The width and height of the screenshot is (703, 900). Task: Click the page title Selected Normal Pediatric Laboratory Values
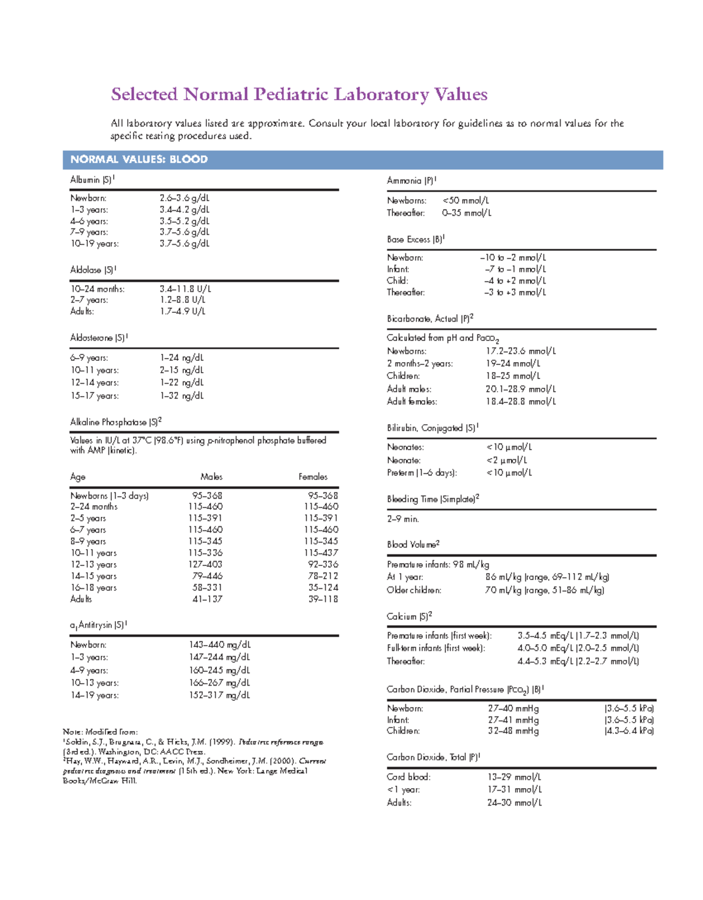[299, 94]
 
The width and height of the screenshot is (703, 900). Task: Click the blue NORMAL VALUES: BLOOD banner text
[139, 159]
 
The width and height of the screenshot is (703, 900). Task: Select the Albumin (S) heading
[93, 180]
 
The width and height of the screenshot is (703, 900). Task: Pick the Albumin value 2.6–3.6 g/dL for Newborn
[184, 198]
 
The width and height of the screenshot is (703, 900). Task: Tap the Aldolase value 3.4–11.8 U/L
[185, 289]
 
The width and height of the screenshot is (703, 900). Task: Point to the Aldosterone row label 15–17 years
[94, 396]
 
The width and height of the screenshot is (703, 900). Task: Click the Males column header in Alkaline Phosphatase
[211, 477]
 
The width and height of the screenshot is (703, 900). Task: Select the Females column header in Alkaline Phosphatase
[313, 477]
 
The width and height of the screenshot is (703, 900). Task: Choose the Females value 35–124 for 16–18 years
[323, 588]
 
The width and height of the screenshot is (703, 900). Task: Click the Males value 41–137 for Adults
[207, 599]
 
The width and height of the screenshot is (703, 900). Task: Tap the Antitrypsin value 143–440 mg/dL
[219, 645]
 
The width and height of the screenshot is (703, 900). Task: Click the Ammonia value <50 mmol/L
[466, 200]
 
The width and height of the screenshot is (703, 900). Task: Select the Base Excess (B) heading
[415, 239]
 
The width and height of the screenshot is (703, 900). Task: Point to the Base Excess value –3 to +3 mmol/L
[515, 292]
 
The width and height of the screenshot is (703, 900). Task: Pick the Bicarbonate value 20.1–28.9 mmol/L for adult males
[520, 389]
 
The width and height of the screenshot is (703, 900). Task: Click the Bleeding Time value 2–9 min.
[402, 519]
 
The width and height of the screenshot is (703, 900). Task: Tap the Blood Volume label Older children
[414, 591]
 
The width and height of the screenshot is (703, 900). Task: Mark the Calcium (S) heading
[409, 616]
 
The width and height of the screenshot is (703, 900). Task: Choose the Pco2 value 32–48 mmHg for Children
[513, 731]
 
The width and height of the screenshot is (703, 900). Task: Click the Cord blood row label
[408, 777]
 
